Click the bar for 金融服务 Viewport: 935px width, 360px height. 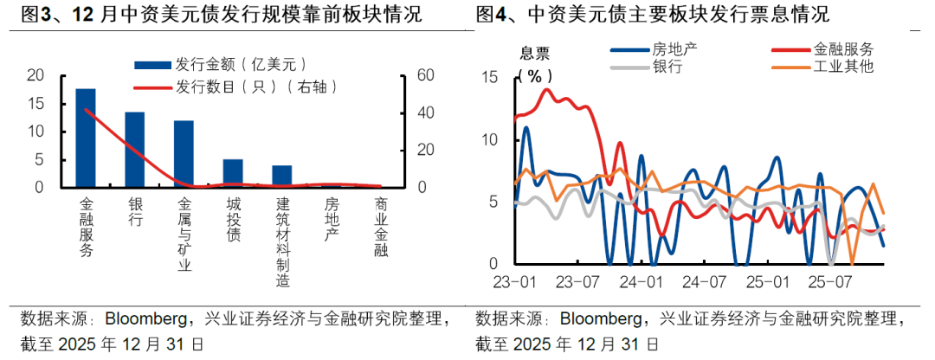(86, 138)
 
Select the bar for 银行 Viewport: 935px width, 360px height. (135, 150)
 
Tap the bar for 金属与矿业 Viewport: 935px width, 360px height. (184, 154)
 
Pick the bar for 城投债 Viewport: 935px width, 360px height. (233, 173)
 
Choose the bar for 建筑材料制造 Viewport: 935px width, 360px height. (282, 176)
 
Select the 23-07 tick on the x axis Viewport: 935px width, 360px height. (579, 282)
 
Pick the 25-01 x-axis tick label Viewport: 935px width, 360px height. (769, 282)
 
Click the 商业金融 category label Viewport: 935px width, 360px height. (381, 228)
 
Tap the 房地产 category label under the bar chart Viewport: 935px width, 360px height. (332, 221)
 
